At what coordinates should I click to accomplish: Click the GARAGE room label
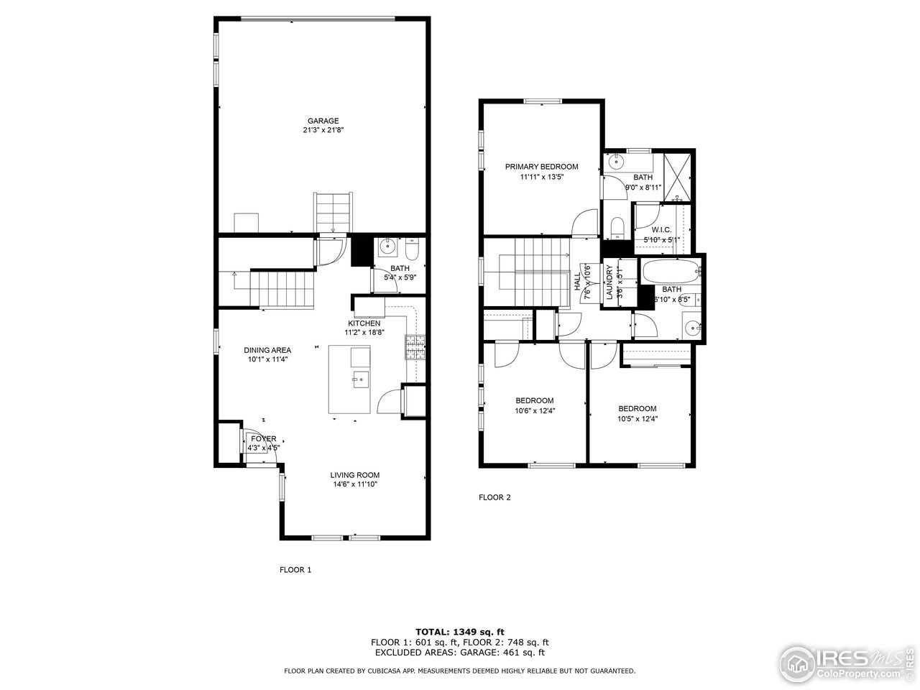[323, 121]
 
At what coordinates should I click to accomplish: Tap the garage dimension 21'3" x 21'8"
[323, 130]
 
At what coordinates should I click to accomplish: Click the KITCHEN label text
[364, 323]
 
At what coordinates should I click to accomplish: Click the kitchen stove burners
[416, 348]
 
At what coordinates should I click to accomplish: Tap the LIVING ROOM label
[355, 475]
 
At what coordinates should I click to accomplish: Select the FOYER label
[263, 438]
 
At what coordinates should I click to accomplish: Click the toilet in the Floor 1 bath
[412, 249]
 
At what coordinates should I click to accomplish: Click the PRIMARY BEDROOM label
[541, 167]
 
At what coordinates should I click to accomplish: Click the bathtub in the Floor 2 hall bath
[670, 272]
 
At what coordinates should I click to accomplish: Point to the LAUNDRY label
[609, 282]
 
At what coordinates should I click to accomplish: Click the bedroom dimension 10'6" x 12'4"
[535, 411]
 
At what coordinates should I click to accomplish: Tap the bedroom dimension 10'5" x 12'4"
[638, 418]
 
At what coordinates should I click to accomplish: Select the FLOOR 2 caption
[494, 497]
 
